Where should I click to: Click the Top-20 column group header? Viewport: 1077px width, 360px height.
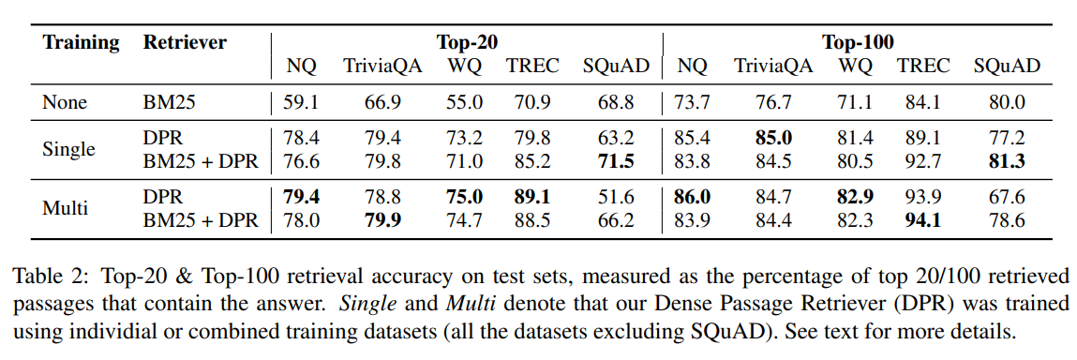click(467, 42)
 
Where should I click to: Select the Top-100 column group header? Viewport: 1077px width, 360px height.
click(857, 42)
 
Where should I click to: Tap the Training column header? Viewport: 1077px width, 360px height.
click(82, 42)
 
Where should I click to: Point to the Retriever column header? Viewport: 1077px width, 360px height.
click(185, 42)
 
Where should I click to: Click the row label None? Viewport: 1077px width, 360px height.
click(65, 102)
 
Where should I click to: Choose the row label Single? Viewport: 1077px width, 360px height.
click(68, 150)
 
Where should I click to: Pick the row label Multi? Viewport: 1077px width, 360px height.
click(66, 208)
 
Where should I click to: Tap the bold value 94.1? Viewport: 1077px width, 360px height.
click(923, 220)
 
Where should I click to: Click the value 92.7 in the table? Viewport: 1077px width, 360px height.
click(923, 161)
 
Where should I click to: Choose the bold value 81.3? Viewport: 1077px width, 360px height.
click(1006, 161)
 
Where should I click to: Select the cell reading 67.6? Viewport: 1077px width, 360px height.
click(1006, 197)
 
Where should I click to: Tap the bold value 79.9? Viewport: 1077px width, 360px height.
click(381, 220)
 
